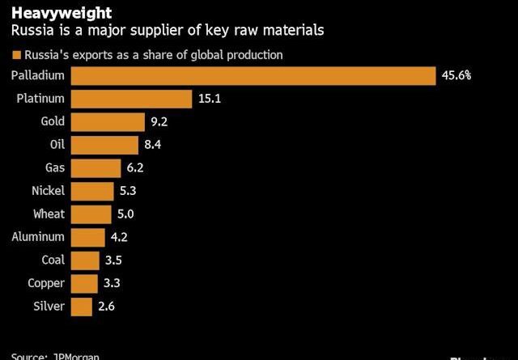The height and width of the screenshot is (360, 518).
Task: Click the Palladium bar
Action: click(x=253, y=75)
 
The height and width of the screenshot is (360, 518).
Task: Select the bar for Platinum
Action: click(x=131, y=99)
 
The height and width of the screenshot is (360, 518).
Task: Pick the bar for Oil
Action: click(x=104, y=145)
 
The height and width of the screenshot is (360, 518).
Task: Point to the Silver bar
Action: click(x=81, y=307)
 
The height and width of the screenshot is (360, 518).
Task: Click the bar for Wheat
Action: click(x=91, y=214)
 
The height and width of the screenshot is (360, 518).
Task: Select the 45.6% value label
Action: click(x=456, y=75)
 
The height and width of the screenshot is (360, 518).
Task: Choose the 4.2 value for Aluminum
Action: click(x=120, y=237)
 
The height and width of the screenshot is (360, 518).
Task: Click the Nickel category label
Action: click(x=47, y=191)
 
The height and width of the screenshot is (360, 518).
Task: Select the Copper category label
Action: click(x=45, y=284)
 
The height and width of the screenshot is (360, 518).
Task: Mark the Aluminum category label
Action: click(x=38, y=237)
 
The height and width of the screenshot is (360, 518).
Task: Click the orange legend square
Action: click(x=15, y=55)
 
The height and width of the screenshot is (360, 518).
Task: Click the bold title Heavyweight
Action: click(x=49, y=13)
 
